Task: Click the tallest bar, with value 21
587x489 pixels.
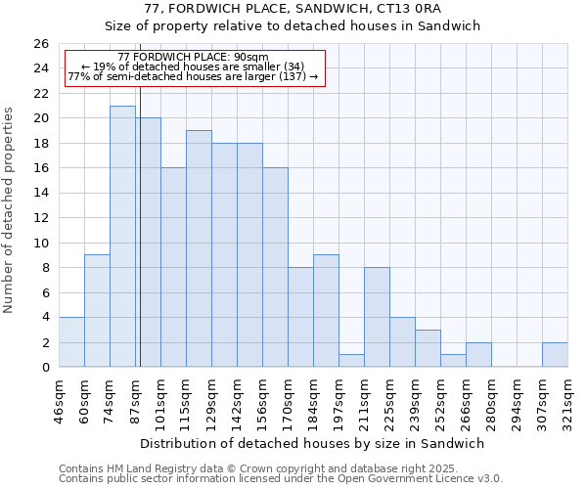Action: [122, 237]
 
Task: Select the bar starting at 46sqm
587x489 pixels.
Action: [71, 342]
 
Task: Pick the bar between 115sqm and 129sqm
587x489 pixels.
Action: [199, 248]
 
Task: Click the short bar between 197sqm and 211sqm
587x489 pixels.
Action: [351, 361]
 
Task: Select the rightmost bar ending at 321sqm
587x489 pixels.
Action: [555, 355]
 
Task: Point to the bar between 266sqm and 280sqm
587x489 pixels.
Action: [478, 355]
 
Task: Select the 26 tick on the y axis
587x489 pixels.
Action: [40, 44]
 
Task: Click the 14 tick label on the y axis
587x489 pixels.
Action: [40, 194]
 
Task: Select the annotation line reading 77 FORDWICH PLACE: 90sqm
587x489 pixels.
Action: [193, 57]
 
